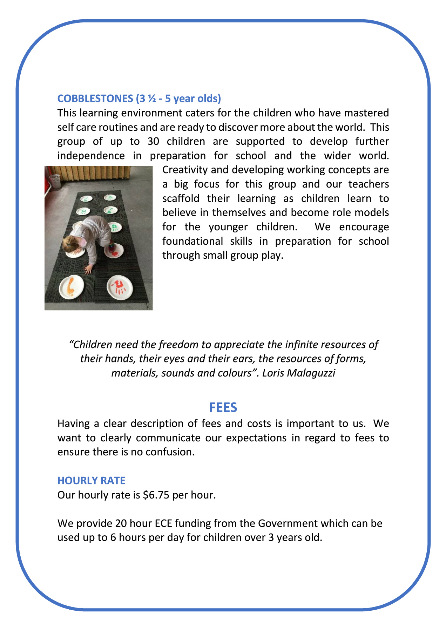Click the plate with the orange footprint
point(71,287)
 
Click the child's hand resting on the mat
point(88,269)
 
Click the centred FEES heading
point(223,407)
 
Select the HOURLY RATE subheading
point(91,480)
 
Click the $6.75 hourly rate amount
point(156,495)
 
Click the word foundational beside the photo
point(192,241)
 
